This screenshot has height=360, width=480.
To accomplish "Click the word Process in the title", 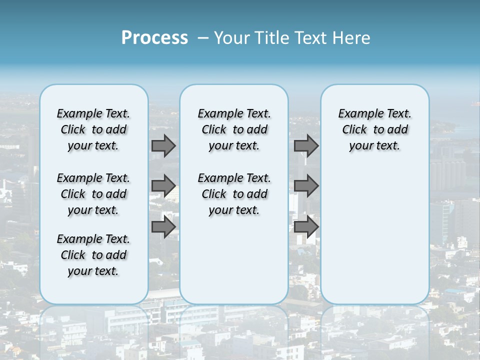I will point(154,37).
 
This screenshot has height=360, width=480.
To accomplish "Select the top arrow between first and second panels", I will point(163,145).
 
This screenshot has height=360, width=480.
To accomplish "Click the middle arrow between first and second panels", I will point(163,186).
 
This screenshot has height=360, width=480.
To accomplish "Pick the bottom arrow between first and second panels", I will point(163,227).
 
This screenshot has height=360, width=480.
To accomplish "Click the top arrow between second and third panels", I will point(306,145).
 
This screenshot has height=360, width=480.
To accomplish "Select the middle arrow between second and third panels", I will point(306,186).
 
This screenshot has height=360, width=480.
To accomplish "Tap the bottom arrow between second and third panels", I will point(306,227).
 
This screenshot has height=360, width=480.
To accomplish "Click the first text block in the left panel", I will point(93,129).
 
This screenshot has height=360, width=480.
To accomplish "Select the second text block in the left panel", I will point(93,194).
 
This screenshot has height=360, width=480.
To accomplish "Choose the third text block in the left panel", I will point(93,255).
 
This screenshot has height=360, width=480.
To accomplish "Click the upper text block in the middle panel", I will point(234,129).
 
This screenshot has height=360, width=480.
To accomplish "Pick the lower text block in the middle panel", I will point(234,194).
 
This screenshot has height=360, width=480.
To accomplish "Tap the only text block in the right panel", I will point(374,129).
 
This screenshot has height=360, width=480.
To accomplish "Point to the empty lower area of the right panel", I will point(374,235).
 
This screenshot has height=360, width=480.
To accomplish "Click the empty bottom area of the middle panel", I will point(234,265).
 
